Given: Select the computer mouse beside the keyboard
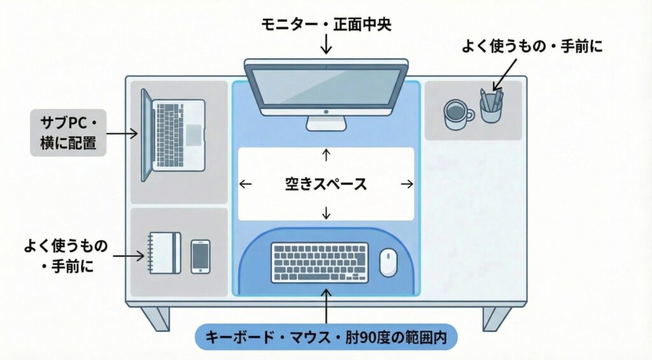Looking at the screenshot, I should click(x=388, y=261).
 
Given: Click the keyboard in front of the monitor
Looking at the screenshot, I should click(x=320, y=263).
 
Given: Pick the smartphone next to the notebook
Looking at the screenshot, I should click(x=201, y=256).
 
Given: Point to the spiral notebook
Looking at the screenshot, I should click(x=165, y=254).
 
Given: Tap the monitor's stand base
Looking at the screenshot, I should click(x=326, y=123).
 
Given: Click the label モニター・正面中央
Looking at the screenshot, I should click(x=326, y=25).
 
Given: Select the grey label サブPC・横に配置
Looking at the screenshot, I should click(x=68, y=133).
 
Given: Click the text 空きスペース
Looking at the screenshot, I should click(x=326, y=184).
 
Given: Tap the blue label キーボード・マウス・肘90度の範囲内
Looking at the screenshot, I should click(x=326, y=336).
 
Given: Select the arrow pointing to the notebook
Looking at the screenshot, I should click(x=129, y=256).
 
